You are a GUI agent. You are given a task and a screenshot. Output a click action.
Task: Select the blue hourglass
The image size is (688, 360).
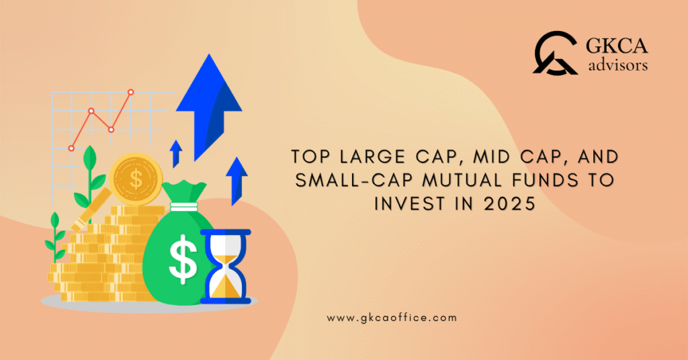225,266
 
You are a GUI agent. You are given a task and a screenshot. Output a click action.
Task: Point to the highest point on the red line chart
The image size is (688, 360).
130,92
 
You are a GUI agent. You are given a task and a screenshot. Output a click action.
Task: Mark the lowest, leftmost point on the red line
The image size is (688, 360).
71,148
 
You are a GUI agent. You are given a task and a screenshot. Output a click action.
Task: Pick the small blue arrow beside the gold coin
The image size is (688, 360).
176,152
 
